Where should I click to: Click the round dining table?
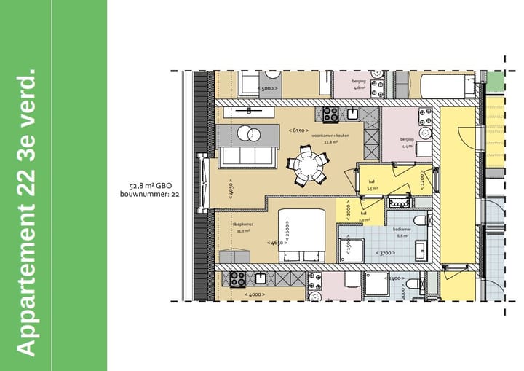coord(310,167)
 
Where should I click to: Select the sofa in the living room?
coord(247,156)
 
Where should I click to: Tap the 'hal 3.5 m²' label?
coord(370,184)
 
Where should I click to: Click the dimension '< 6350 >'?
coord(296,130)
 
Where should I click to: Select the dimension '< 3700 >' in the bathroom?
coord(385,253)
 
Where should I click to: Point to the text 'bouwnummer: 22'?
coord(154,195)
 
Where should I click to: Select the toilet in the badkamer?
coord(420,222)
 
